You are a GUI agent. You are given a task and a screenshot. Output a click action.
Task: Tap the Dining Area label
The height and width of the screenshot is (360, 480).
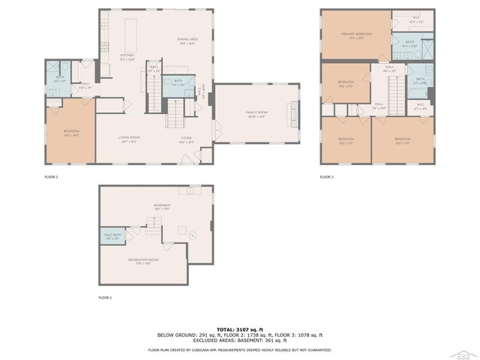tap(186, 40)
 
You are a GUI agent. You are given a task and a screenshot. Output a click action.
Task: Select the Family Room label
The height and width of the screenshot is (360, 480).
tap(256, 113)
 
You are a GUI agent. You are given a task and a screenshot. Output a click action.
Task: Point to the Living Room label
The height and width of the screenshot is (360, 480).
tap(129, 139)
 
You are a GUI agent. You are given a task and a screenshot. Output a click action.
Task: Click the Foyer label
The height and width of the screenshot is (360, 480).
tap(186, 139)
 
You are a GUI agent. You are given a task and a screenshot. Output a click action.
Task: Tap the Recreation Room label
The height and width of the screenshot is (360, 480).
tap(142, 260)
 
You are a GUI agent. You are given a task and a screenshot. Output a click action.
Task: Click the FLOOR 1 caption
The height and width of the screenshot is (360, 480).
tap(105, 298)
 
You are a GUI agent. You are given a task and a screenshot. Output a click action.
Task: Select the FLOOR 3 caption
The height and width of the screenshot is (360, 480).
tap(326, 177)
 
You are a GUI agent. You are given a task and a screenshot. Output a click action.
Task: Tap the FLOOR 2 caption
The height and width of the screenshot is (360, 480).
tap(52, 177)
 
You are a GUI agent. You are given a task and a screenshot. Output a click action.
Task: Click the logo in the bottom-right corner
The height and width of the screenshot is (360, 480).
tap(465, 349)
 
